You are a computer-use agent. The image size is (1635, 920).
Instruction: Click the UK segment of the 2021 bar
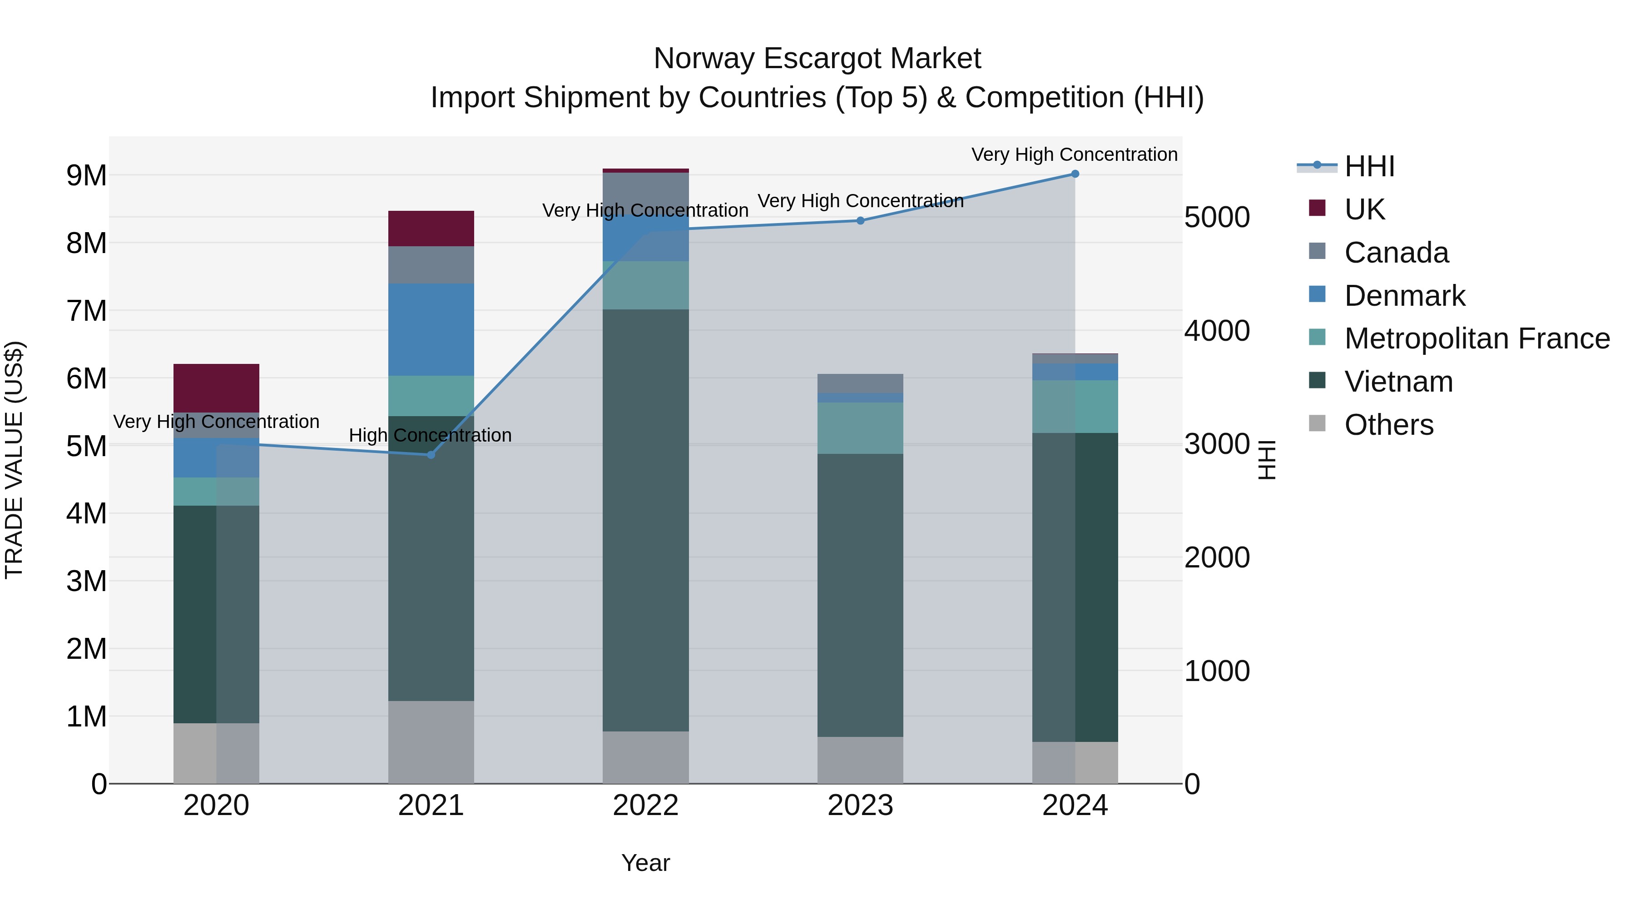pyautogui.click(x=431, y=228)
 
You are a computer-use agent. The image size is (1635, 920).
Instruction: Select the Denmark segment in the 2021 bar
pyautogui.click(x=431, y=329)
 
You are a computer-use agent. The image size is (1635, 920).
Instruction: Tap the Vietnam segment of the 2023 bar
pyautogui.click(x=860, y=594)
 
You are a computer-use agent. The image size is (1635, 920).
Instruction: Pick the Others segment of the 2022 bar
pyautogui.click(x=645, y=757)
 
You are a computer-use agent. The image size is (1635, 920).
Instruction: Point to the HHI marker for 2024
pyautogui.click(x=1075, y=174)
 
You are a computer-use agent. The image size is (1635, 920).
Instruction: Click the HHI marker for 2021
pyautogui.click(x=431, y=455)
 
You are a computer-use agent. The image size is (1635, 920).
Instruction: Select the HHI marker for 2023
pyautogui.click(x=860, y=220)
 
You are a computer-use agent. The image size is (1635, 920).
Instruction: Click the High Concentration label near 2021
pyautogui.click(x=431, y=436)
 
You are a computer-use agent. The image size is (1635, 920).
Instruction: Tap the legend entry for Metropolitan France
pyautogui.click(x=1477, y=338)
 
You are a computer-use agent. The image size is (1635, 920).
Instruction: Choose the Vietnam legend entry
pyautogui.click(x=1398, y=382)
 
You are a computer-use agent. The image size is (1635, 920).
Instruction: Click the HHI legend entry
pyautogui.click(x=1369, y=166)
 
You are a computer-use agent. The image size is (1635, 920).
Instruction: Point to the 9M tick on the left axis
pyautogui.click(x=87, y=175)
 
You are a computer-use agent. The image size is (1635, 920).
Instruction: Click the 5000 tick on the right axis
pyautogui.click(x=1217, y=217)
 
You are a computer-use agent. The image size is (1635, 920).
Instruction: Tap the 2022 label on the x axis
pyautogui.click(x=645, y=806)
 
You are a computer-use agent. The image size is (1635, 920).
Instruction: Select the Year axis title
pyautogui.click(x=645, y=863)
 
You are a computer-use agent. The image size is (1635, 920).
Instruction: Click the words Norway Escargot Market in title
pyautogui.click(x=817, y=59)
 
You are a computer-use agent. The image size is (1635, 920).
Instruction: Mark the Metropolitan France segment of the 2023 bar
pyautogui.click(x=860, y=428)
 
